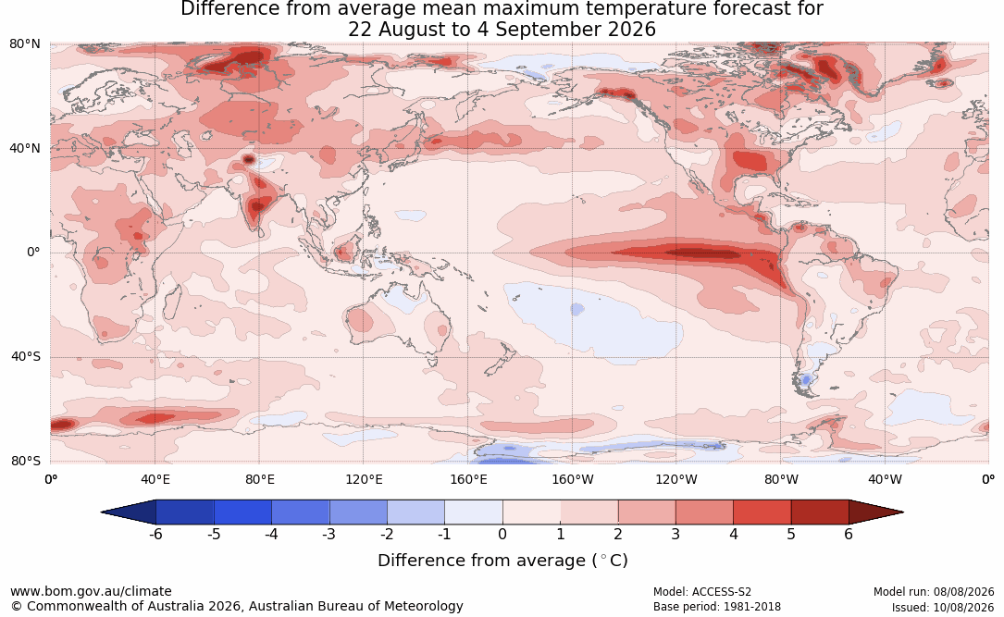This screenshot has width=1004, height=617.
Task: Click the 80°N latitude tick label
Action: (24, 44)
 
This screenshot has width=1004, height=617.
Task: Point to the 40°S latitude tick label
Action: (26, 356)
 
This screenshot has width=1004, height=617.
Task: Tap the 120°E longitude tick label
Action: (364, 479)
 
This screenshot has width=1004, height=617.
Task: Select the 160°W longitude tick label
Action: (573, 479)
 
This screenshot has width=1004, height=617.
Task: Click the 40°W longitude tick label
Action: (885, 479)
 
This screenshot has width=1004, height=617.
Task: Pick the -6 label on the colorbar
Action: (155, 534)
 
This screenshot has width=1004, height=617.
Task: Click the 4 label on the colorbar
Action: (733, 534)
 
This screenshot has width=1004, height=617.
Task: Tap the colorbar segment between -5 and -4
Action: (242, 512)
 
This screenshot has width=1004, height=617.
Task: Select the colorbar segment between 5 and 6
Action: (820, 512)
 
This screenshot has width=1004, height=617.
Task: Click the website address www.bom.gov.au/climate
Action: (91, 591)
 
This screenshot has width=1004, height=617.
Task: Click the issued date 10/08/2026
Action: (962, 607)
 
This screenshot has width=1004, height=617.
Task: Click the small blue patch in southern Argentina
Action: (806, 379)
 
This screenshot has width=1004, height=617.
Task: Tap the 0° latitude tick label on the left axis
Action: (33, 253)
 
